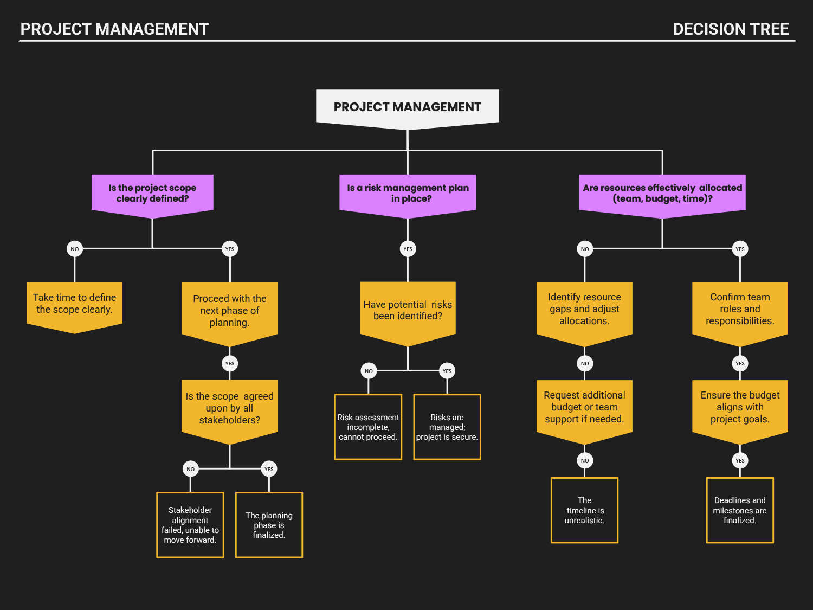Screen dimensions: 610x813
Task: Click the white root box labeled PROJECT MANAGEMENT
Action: tap(407, 107)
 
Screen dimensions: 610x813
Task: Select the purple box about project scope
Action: tap(152, 194)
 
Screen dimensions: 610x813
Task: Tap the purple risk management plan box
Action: tap(408, 194)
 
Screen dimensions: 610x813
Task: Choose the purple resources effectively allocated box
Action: tap(662, 194)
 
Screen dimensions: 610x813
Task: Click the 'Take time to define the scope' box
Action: tap(74, 304)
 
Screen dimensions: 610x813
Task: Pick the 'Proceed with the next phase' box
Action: tap(229, 311)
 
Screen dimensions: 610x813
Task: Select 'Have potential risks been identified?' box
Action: tap(408, 311)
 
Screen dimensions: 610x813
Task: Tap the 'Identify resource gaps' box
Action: tap(584, 310)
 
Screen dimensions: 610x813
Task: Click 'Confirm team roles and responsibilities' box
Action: tap(740, 310)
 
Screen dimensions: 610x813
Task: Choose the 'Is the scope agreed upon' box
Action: tap(229, 408)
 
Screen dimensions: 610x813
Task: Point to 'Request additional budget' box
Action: tap(584, 407)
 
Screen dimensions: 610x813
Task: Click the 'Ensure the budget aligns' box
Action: tap(740, 407)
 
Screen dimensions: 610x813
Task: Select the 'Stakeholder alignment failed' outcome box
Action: tap(190, 525)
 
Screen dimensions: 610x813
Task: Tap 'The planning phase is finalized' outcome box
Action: tap(269, 525)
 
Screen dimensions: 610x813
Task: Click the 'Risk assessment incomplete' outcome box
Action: tap(368, 427)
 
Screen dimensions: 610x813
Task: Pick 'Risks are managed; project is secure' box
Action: tap(447, 427)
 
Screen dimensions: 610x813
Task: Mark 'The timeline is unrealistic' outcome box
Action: tap(584, 510)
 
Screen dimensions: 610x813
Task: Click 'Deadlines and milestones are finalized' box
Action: tap(740, 510)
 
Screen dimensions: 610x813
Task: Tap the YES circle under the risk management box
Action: tap(408, 249)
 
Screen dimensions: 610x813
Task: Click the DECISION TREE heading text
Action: tap(731, 29)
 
